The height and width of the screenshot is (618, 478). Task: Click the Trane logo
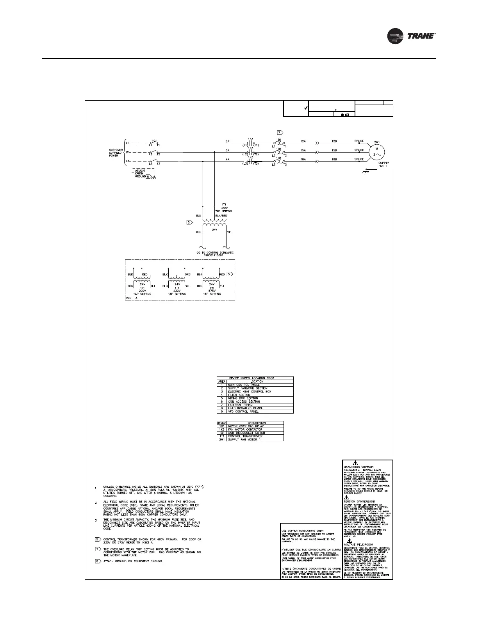click(411, 36)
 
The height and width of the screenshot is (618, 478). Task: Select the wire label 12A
click(303, 141)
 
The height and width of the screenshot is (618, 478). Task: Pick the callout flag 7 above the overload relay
click(279, 132)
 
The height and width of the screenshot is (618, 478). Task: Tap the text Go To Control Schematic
click(215, 252)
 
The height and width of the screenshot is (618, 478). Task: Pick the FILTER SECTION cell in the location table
click(239, 395)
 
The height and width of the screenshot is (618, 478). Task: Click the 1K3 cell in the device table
click(221, 430)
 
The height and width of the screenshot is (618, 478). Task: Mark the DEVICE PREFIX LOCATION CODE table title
click(255, 378)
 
